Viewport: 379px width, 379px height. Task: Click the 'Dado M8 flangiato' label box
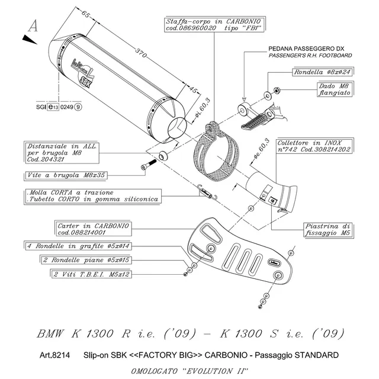click(x=327, y=89)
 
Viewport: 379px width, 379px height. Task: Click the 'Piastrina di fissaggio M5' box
click(x=329, y=229)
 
